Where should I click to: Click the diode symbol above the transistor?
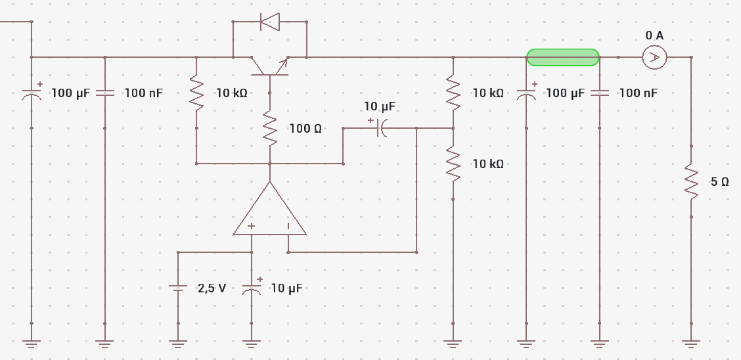click(270, 22)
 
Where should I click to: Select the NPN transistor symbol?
click(270, 66)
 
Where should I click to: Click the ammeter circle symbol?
click(654, 57)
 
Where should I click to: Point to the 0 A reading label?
click(654, 35)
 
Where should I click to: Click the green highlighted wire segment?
click(563, 57)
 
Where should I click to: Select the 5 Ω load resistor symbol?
click(691, 181)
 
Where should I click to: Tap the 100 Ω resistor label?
click(305, 129)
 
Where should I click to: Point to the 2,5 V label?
click(212, 288)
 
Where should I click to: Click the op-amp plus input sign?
click(252, 226)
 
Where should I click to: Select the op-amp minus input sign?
click(288, 226)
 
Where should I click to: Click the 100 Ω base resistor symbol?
click(270, 128)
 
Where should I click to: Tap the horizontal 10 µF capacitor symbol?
click(380, 127)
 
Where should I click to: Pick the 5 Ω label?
click(720, 182)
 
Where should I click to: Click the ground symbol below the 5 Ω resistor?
click(691, 344)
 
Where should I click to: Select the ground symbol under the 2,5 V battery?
click(178, 344)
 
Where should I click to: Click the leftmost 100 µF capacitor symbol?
click(32, 93)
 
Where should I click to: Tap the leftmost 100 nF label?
click(144, 93)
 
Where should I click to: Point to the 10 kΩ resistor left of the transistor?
click(196, 93)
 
